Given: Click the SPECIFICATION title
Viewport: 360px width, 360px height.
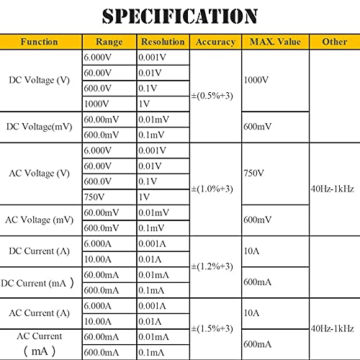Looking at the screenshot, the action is [180, 15].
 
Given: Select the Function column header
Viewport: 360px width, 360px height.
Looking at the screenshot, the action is [40, 42].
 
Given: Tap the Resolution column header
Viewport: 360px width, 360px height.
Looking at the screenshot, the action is [163, 42].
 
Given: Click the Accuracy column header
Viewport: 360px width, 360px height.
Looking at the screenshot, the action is [215, 42].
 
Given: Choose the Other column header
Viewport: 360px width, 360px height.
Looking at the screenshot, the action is [334, 42].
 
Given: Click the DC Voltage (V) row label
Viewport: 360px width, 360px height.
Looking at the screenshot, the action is [40, 79].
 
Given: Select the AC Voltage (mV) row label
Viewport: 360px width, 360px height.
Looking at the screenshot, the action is [40, 219].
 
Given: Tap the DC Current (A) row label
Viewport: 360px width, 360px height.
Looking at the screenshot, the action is [40, 251].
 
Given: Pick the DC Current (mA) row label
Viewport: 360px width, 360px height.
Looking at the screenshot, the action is [40, 282].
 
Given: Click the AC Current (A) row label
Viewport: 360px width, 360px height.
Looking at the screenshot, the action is [40, 312].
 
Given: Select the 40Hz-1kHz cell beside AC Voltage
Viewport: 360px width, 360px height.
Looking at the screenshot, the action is [333, 189].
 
